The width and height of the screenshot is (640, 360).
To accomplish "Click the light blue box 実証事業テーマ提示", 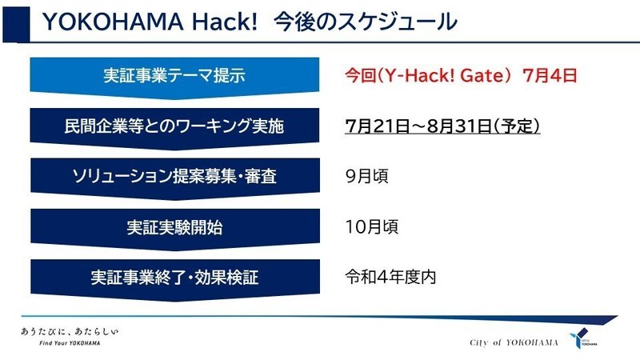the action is click(x=174, y=78).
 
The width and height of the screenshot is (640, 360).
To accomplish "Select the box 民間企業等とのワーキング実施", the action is click(x=174, y=128).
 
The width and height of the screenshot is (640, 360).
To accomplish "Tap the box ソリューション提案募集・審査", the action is click(x=174, y=178).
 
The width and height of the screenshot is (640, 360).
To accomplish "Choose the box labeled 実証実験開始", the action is click(x=174, y=229).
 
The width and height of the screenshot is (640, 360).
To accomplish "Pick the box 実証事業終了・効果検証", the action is click(x=174, y=279).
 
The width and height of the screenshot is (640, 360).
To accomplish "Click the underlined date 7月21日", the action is click(x=377, y=126).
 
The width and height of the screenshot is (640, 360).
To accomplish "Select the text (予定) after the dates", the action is click(x=516, y=126).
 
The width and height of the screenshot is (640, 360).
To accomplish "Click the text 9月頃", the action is click(x=366, y=176).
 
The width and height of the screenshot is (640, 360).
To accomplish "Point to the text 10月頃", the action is click(x=371, y=227).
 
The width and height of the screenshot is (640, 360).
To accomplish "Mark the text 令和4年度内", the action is click(x=390, y=278).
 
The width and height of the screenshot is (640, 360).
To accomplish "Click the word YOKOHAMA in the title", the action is click(x=113, y=22).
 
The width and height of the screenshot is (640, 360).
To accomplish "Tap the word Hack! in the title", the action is click(x=225, y=22).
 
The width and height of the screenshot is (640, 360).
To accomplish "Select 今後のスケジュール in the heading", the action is click(x=366, y=22).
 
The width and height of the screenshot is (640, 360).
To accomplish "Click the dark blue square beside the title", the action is click(x=16, y=25).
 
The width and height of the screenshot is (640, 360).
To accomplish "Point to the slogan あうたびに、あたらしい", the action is click(x=70, y=331).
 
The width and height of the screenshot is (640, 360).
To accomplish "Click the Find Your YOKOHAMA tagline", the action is click(x=70, y=343).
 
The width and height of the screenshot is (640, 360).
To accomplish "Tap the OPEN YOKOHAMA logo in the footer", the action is click(x=583, y=338).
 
